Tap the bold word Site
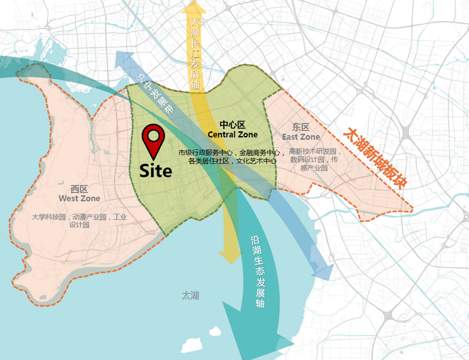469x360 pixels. (156, 171)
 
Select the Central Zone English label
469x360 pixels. (233, 135)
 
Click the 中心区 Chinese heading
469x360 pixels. (233, 125)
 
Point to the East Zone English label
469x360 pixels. (301, 137)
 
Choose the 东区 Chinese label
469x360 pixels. (301, 127)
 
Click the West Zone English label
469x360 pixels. (79, 199)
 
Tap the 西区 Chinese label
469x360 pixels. (79, 189)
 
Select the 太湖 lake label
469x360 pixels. (190, 296)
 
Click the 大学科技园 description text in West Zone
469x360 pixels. (79, 221)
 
